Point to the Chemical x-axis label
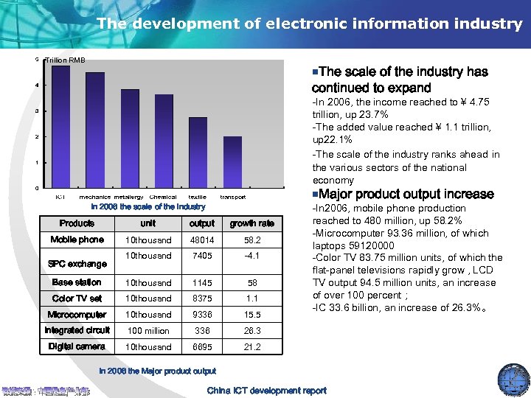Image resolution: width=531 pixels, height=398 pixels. (x=163, y=197)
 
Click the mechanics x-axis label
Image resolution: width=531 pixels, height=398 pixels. (x=95, y=197)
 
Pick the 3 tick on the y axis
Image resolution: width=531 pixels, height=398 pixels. (x=37, y=111)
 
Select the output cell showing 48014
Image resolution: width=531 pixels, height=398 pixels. (x=201, y=240)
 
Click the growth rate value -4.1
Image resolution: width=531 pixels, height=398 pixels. (x=251, y=256)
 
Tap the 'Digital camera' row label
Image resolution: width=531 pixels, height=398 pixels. (x=77, y=346)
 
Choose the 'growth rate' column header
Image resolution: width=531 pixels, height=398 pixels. (x=251, y=223)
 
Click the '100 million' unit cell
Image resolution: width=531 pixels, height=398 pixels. (x=147, y=331)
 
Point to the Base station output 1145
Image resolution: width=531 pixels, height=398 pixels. (x=201, y=283)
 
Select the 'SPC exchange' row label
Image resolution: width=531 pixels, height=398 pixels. (x=77, y=264)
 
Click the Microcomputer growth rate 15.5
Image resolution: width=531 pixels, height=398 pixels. (x=251, y=315)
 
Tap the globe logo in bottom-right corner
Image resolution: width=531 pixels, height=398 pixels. (x=513, y=380)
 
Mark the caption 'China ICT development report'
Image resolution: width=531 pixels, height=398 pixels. (x=266, y=391)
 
